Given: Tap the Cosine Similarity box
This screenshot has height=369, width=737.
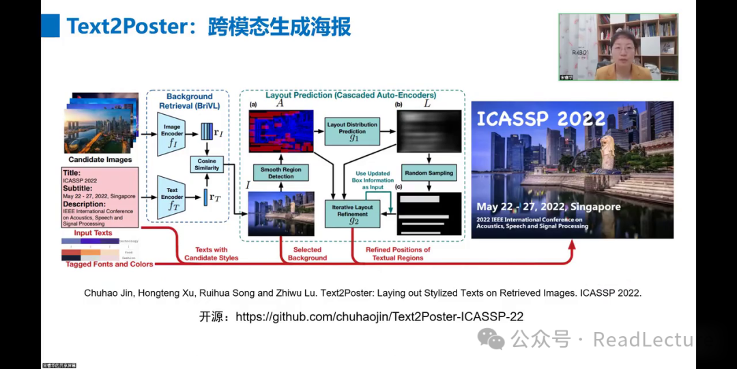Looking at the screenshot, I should click(207, 163).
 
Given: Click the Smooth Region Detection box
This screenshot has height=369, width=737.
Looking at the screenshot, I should click(281, 172).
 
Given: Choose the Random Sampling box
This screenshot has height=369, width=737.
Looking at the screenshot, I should click(429, 173).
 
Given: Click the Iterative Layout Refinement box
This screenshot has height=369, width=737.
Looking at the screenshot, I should click(353, 210).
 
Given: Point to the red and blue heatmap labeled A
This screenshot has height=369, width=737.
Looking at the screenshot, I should click(281, 131).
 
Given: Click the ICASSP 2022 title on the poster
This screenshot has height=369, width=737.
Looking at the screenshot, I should click(540, 118).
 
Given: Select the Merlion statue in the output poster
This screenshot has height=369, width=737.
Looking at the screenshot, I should click(606, 154).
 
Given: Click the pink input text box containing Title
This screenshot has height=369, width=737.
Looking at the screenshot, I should click(100, 197).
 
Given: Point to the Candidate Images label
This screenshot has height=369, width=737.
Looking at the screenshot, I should click(100, 159).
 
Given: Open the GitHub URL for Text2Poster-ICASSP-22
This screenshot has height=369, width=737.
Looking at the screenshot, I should click(379, 316).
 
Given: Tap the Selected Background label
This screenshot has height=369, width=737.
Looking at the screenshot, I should click(307, 254).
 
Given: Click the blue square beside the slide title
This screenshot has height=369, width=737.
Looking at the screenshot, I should click(50, 25).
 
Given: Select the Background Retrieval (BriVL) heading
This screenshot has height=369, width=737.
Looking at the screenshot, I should click(189, 101).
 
